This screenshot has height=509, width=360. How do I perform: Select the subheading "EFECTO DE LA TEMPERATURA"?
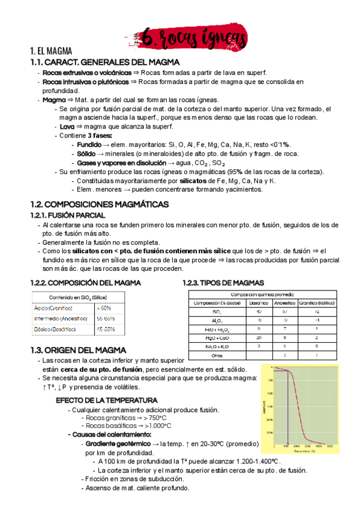(106, 400)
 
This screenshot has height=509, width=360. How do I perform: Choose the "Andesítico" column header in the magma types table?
(280, 303)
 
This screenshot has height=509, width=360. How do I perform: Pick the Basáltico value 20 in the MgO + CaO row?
(259, 338)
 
